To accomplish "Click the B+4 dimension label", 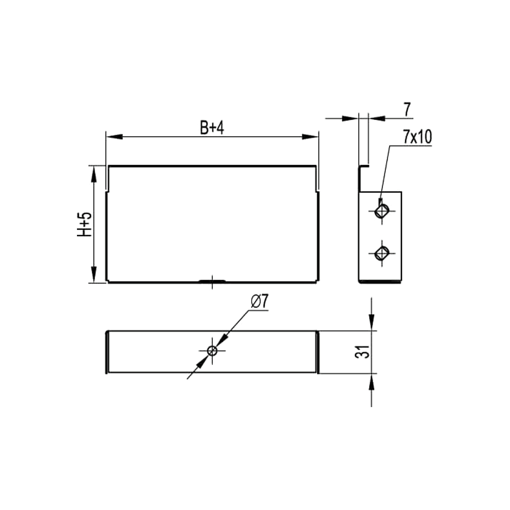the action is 212,128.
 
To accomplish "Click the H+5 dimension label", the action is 84,224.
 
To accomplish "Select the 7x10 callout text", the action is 418,137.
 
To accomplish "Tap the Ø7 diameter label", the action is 260,302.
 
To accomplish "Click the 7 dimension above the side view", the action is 407,109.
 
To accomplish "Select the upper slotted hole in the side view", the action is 382,211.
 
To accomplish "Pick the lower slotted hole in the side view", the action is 382,253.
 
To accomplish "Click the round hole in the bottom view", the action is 212,351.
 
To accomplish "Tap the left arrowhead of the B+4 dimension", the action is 114,137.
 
